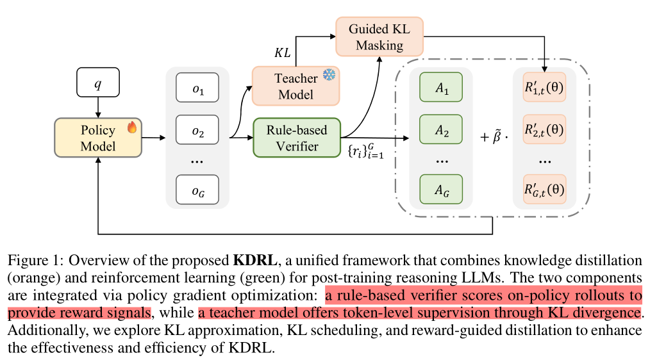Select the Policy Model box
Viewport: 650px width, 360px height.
98,138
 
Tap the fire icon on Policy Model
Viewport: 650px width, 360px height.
133,127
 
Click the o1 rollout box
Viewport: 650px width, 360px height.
197,89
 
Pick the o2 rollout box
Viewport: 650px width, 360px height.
197,132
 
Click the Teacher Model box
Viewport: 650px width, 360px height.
296,86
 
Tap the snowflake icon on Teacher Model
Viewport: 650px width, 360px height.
329,75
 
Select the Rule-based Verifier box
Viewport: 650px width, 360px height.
297,138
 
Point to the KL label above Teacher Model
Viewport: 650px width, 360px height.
283,53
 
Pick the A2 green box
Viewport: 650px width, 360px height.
440,130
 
